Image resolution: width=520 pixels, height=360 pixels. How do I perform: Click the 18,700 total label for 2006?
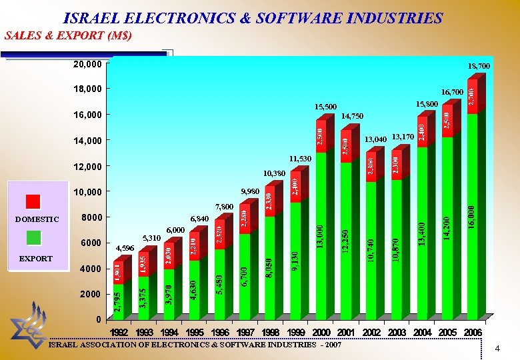click(x=479, y=67)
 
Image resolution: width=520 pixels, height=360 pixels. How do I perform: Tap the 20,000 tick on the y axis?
click(x=87, y=65)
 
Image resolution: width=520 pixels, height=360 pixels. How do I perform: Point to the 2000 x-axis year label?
click(x=321, y=332)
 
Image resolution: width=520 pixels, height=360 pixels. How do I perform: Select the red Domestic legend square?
click(x=34, y=201)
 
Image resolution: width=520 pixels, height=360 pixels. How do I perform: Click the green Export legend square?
click(x=34, y=237)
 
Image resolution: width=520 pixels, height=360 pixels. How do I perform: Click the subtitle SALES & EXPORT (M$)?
click(x=68, y=35)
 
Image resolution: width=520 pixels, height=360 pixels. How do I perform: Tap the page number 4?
click(x=497, y=349)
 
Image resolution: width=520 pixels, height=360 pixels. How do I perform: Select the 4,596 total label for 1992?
click(x=125, y=249)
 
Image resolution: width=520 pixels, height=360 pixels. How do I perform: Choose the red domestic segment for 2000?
click(x=321, y=137)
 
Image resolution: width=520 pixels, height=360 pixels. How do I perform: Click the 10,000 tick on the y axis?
click(x=87, y=192)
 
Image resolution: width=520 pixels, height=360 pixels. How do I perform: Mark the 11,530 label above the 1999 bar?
click(x=299, y=159)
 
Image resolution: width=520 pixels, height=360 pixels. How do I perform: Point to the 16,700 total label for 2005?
click(x=452, y=91)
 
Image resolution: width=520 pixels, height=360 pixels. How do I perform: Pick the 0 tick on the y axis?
click(x=98, y=319)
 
